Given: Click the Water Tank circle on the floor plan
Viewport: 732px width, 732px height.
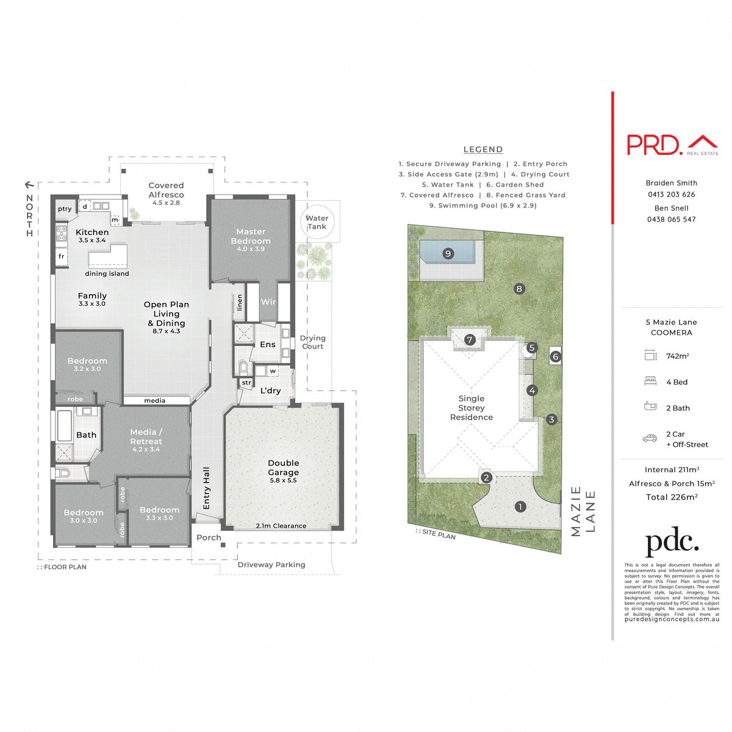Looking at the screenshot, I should click(317, 222).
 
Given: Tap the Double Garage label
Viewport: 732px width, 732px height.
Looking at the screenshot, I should click(284, 468).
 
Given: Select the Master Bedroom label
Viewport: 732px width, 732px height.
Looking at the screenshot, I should click(251, 236).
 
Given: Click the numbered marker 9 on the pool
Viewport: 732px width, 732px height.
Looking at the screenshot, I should click(448, 254).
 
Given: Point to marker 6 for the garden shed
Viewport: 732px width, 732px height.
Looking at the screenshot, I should click(555, 356).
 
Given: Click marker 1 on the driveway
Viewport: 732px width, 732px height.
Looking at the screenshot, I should click(520, 506).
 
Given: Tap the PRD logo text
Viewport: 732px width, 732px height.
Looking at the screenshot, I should click(654, 145).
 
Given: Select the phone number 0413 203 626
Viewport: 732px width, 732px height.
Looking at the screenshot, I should click(672, 195).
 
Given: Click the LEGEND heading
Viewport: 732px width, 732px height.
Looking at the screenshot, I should click(483, 149).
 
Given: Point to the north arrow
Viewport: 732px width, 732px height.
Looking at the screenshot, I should click(29, 184).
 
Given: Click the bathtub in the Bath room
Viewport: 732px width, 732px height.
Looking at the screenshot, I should click(64, 425).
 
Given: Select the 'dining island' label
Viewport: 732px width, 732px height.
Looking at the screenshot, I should click(107, 274).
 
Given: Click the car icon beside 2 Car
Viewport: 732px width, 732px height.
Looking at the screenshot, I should click(650, 438).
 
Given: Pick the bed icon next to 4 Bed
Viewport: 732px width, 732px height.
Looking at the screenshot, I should click(650, 381).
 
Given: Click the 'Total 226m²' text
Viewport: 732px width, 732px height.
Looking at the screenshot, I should click(672, 497).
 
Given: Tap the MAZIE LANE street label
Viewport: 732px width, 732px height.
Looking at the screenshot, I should click(583, 511).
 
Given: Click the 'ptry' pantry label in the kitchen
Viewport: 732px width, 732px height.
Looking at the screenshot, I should click(65, 209).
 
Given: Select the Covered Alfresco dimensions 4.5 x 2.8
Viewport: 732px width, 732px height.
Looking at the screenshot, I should click(166, 203).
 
